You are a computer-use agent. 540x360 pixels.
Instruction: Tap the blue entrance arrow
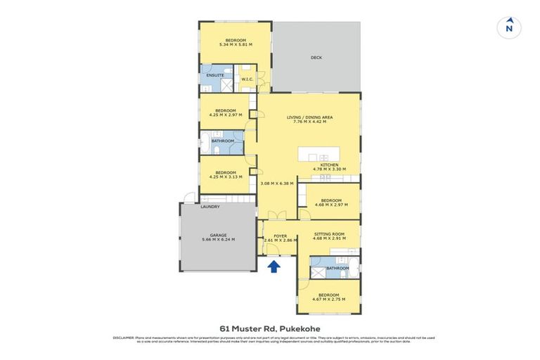275,266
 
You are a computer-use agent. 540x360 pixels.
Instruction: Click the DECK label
316,58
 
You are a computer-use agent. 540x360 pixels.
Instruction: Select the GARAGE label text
217,234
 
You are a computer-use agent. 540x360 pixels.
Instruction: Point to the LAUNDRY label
210,207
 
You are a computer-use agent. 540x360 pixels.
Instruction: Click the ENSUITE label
215,75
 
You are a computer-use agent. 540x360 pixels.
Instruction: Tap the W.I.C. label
247,79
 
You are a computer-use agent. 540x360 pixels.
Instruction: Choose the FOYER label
281,235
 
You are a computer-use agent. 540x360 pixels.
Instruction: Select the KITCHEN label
329,165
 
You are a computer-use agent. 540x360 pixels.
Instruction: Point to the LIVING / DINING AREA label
309,117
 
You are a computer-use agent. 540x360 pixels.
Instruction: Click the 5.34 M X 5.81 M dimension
236,45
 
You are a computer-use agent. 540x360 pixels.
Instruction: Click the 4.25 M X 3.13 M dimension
225,177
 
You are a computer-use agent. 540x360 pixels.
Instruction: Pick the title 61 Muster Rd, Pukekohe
270,328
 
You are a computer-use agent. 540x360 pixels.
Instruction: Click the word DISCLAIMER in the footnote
123,337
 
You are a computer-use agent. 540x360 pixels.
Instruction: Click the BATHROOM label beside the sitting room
337,268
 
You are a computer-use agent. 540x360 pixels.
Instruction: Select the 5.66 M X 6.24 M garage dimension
217,240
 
